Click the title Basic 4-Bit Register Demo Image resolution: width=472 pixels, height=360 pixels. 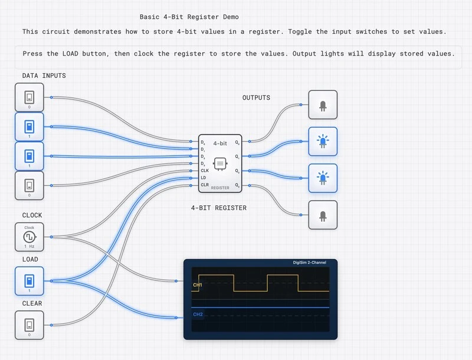point(189,17)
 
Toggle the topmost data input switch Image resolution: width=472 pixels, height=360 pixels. point(29,97)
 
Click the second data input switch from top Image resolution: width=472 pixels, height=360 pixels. point(29,127)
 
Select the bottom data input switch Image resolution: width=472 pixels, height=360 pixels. point(29,186)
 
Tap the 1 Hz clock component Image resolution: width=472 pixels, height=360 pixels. point(29,237)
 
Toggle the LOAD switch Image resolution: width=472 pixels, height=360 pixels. point(29,281)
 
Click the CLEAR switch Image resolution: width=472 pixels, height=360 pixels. point(29,325)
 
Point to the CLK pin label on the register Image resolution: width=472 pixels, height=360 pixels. point(205,171)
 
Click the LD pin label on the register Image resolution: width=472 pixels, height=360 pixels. point(204,178)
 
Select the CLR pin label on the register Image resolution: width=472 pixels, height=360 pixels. point(205,185)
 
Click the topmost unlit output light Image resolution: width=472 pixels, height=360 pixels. point(323,105)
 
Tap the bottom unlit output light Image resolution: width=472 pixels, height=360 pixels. point(323,215)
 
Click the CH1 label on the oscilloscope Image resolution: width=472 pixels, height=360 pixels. point(198,285)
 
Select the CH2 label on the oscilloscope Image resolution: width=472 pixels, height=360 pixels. point(198,315)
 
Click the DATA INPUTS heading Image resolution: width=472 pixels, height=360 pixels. point(44,76)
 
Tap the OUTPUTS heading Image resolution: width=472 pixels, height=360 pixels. point(256,97)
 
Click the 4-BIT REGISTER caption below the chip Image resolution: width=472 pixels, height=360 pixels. point(219,208)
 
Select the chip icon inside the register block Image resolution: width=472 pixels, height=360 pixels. point(220,162)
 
